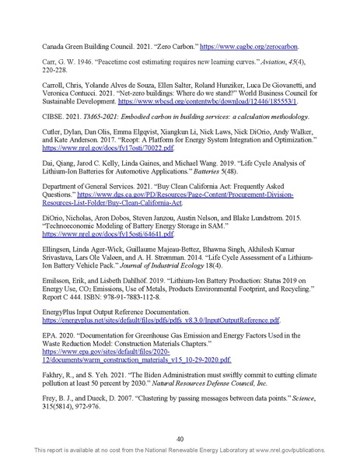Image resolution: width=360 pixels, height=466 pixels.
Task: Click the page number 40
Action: [x=180, y=438]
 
